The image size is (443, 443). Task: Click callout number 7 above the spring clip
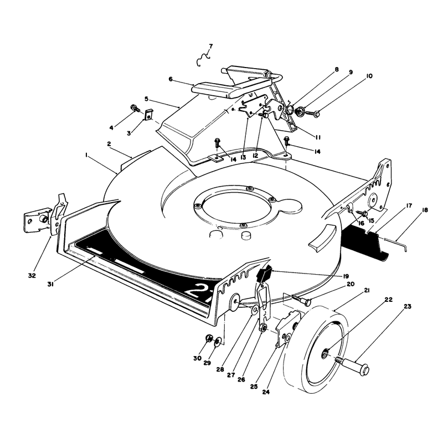pyautogui.click(x=210, y=47)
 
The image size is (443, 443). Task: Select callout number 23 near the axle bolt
pyautogui.click(x=408, y=306)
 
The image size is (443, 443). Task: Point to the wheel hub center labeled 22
pyautogui.click(x=326, y=353)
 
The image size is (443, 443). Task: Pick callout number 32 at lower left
pyautogui.click(x=32, y=275)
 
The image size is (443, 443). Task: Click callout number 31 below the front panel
pyautogui.click(x=50, y=284)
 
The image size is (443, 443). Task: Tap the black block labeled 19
pyautogui.click(x=265, y=274)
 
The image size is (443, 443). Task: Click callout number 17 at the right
pyautogui.click(x=409, y=205)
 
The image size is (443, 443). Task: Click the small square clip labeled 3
pyautogui.click(x=149, y=115)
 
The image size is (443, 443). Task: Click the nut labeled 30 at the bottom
pyautogui.click(x=209, y=338)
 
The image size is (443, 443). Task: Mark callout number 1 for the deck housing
pyautogui.click(x=86, y=155)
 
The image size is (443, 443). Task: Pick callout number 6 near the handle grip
pyautogui.click(x=171, y=79)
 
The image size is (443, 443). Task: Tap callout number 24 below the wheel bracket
pyautogui.click(x=266, y=392)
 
